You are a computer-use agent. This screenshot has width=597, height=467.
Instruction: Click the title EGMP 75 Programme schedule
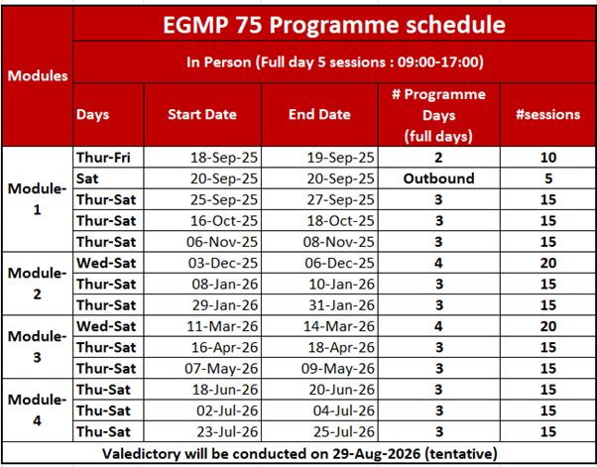coord(335,24)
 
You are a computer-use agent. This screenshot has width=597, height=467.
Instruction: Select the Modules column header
coord(37,75)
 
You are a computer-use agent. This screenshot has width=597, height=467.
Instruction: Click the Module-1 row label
coord(37,199)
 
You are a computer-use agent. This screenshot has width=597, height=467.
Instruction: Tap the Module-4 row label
coord(37,409)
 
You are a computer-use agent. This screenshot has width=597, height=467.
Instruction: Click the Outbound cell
coord(438,178)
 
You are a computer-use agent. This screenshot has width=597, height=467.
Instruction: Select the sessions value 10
coord(548,158)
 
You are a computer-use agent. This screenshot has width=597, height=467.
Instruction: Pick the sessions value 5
coord(548,178)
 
